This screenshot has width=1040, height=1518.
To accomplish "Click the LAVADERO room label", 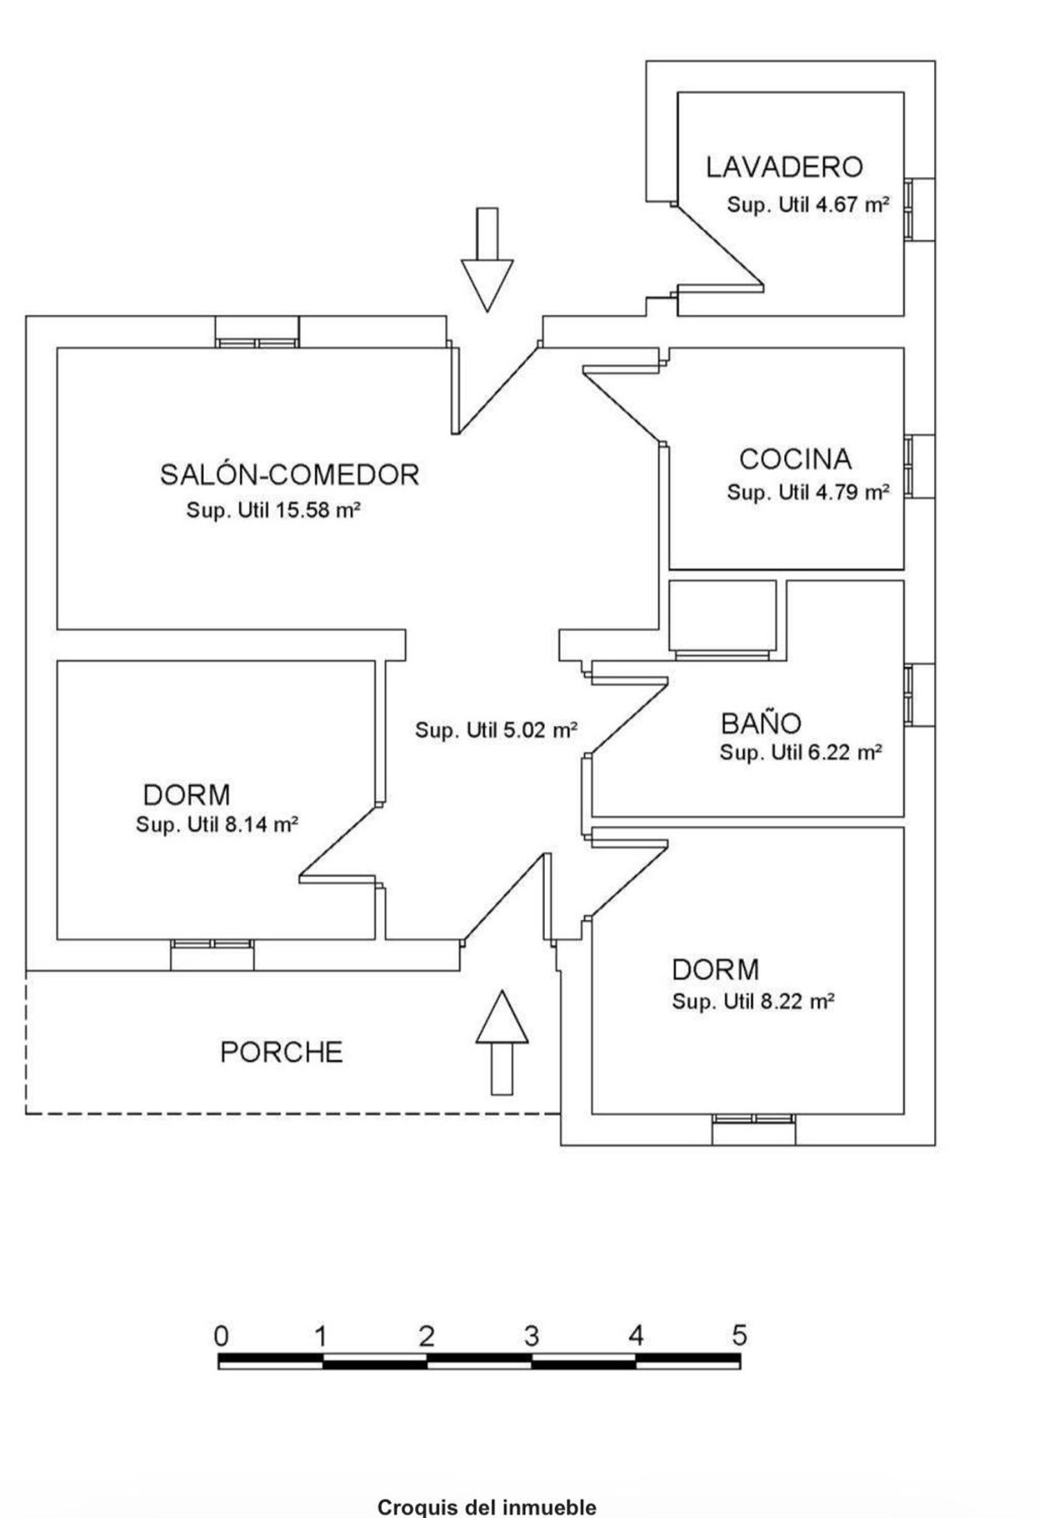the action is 784,167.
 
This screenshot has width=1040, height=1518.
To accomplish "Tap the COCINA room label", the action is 795,459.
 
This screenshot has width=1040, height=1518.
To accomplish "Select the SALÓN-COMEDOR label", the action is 290,474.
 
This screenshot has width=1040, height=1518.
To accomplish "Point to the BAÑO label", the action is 761,723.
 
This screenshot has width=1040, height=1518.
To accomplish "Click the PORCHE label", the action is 281,1053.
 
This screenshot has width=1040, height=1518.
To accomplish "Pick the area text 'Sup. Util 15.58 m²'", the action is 273,510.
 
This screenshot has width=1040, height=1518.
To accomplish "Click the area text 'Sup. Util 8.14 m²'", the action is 217,825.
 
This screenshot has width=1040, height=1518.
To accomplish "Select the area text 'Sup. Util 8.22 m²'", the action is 753,1001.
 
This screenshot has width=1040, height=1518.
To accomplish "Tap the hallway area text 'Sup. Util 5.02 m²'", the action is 496,730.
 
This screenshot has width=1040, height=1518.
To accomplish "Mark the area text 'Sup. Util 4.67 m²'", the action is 808,205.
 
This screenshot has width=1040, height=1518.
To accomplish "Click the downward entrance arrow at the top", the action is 487,259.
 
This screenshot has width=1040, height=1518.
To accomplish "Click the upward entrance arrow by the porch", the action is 502,1042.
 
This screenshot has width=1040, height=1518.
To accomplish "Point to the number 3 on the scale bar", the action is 531,1336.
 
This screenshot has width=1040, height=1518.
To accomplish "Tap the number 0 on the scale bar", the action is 221,1336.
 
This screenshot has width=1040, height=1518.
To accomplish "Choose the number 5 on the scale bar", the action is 740,1336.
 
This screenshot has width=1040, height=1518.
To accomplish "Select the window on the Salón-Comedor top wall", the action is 257,331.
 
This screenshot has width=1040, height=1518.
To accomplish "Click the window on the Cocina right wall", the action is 919,466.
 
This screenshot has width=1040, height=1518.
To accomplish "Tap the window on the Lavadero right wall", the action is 919,209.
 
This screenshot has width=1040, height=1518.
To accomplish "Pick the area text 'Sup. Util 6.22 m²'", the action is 801,752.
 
